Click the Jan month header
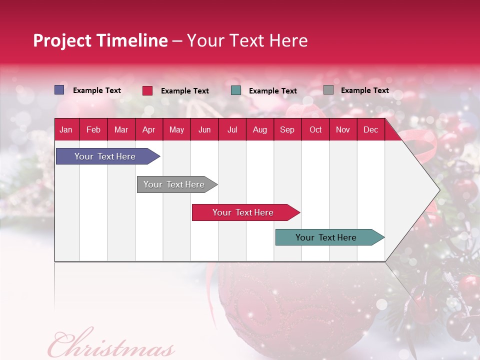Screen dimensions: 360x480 [x=66, y=129]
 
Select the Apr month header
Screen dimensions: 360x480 [x=148, y=129]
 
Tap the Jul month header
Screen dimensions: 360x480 [x=232, y=129]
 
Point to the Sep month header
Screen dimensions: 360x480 [x=287, y=129]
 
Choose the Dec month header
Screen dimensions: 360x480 [x=370, y=129]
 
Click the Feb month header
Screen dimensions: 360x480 [x=93, y=129]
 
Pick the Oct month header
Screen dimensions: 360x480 [x=315, y=129]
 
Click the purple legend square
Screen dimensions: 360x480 [x=59, y=90]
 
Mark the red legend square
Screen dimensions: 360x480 [x=147, y=90]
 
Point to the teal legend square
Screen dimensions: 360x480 [x=236, y=90]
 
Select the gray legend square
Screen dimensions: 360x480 [x=328, y=90]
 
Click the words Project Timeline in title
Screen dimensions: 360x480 [x=100, y=40]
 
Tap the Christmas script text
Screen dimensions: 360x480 [x=111, y=345]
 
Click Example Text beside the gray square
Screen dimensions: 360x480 [x=364, y=90]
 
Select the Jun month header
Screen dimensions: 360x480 [x=204, y=129]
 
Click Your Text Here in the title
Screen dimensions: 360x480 [x=247, y=40]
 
